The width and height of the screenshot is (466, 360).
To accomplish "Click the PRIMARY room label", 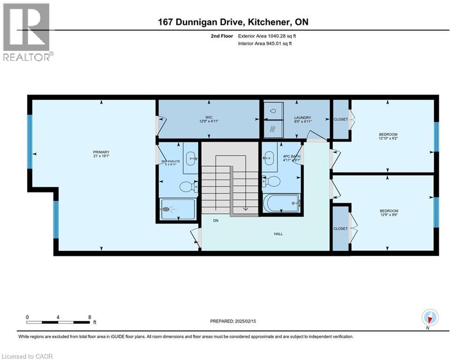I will [101, 152].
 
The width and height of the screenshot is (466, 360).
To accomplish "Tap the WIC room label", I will [208, 118].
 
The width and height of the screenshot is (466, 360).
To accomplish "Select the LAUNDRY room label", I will [303, 118].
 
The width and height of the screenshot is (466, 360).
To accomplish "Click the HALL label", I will [278, 234].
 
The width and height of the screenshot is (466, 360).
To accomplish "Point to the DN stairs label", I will [215, 220].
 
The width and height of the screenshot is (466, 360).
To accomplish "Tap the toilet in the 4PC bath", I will [272, 181].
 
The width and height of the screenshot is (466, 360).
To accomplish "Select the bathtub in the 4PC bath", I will [281, 203].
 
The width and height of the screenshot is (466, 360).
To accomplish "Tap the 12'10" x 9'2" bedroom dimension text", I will [388, 139].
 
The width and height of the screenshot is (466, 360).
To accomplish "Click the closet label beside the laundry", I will [340, 119].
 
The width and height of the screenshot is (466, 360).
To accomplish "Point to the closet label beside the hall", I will [340, 228].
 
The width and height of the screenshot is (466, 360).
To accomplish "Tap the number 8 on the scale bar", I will [89, 317].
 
